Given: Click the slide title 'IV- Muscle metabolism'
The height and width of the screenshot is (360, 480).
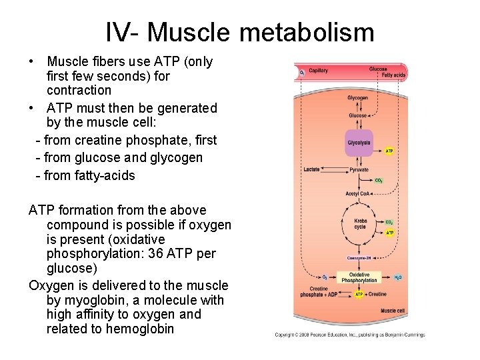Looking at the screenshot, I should [240, 31].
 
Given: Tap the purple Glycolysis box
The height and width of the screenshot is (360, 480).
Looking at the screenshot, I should [359, 143].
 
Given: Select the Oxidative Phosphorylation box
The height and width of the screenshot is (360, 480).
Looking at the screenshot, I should [359, 277].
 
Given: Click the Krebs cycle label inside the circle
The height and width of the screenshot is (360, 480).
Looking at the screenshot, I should [360, 224].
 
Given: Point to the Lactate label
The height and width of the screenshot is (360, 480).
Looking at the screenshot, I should [311, 169].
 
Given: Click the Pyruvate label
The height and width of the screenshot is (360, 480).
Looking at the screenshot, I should [359, 169].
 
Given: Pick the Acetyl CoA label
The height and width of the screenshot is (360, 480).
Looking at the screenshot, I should [357, 193].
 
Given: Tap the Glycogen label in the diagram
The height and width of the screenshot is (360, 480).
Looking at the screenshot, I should [357, 98].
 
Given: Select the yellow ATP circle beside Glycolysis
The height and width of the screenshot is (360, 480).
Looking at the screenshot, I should [389, 151].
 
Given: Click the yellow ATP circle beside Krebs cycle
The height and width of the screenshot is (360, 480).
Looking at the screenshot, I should [390, 233].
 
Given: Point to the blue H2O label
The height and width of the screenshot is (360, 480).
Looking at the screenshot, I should [397, 277].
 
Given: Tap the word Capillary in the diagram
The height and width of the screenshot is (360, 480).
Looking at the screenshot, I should [318, 71].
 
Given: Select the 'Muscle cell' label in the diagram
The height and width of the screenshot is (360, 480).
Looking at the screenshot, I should [392, 311].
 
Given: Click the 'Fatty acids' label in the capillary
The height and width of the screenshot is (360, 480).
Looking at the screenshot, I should [393, 75].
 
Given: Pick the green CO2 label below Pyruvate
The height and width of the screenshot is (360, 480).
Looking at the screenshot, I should [379, 180].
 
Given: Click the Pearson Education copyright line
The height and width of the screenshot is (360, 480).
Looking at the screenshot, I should [349, 335].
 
